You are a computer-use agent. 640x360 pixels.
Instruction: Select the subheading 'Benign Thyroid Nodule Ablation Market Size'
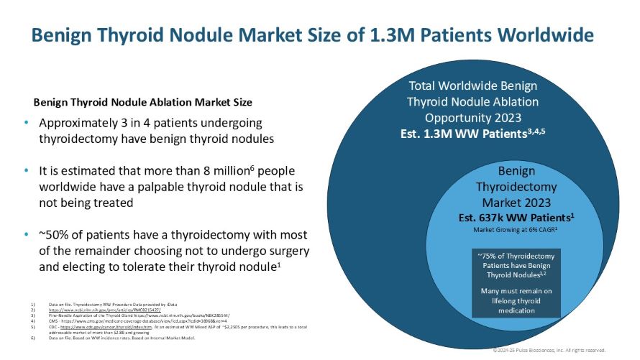click(x=142, y=102)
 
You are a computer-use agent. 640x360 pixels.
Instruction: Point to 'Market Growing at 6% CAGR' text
click(x=516, y=229)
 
